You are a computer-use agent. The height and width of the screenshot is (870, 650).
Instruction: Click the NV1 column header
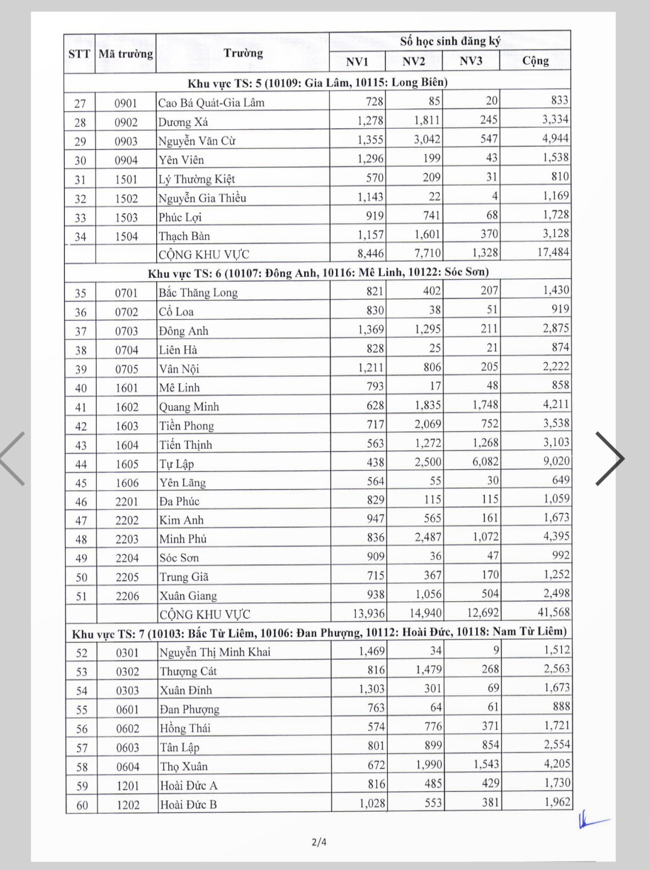click(357, 61)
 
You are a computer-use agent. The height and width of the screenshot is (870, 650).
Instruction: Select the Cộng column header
click(535, 60)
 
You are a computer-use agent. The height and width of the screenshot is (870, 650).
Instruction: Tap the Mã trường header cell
click(125, 53)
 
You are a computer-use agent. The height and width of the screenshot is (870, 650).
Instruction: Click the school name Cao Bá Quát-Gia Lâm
click(211, 103)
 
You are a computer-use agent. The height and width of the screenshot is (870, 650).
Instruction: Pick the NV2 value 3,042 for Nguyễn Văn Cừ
click(427, 139)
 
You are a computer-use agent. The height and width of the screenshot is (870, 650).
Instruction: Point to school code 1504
click(126, 236)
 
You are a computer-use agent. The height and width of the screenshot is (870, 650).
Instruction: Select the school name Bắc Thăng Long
click(198, 293)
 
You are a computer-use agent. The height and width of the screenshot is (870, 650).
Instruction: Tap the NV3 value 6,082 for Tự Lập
click(485, 461)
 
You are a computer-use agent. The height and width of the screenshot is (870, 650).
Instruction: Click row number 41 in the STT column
click(81, 408)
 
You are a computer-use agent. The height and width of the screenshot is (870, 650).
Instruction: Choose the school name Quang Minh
click(189, 407)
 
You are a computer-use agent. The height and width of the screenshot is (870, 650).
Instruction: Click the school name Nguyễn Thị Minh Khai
click(214, 652)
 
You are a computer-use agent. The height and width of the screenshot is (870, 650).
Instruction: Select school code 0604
click(128, 767)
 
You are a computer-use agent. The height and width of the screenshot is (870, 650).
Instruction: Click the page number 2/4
click(319, 842)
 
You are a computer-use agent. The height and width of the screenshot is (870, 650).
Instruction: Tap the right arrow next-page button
click(610, 459)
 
